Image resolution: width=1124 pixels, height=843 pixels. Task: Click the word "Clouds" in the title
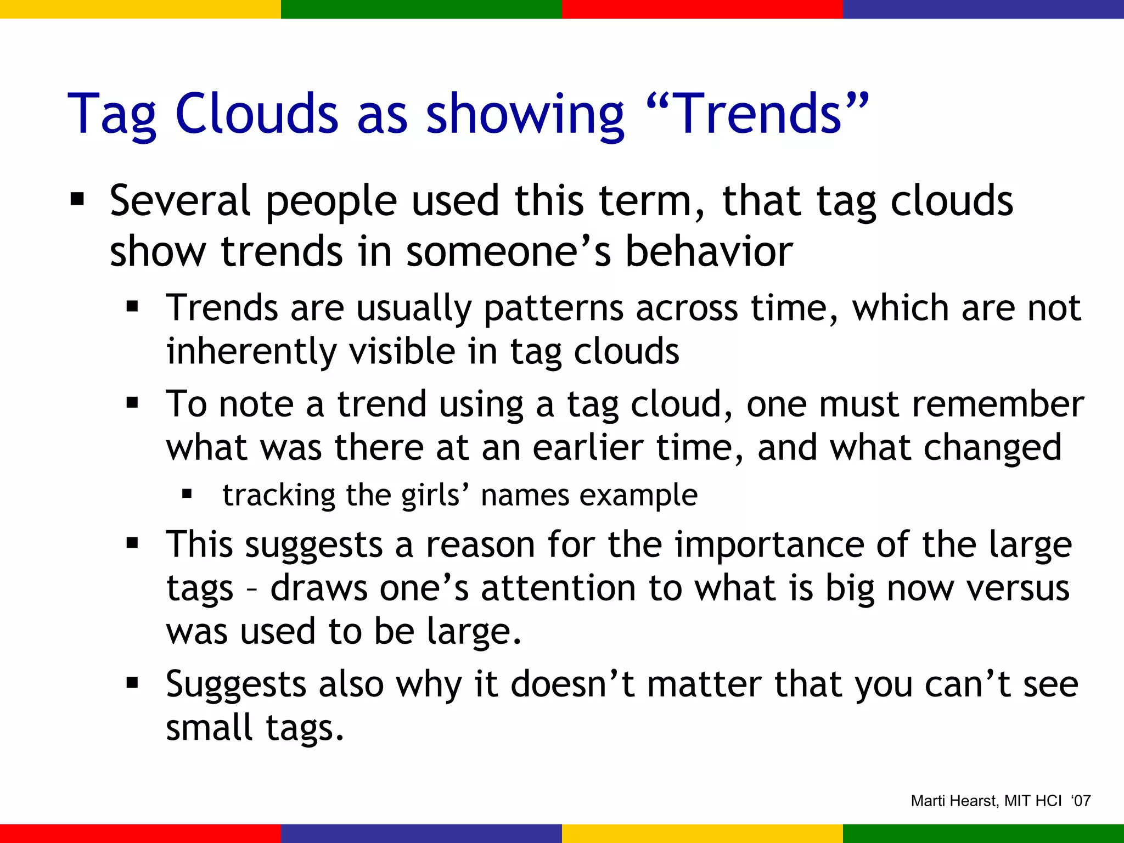point(256,114)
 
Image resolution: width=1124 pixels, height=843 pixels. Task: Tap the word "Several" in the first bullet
point(180,201)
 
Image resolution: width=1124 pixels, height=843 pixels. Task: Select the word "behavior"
point(709,252)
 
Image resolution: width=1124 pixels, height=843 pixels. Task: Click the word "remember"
point(997,404)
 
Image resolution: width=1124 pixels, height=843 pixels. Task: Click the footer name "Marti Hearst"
point(954,801)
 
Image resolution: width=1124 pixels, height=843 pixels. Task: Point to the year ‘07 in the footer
point(1081,801)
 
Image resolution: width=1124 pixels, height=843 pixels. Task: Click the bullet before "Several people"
point(77,199)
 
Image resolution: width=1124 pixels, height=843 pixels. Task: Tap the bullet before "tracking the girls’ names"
point(187,494)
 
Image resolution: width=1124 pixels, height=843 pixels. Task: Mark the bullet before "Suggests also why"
point(132,684)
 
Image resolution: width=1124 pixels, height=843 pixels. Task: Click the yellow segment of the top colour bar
point(140,9)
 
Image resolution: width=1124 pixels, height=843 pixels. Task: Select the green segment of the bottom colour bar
point(983,833)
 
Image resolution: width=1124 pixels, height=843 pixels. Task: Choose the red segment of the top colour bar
point(702,9)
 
